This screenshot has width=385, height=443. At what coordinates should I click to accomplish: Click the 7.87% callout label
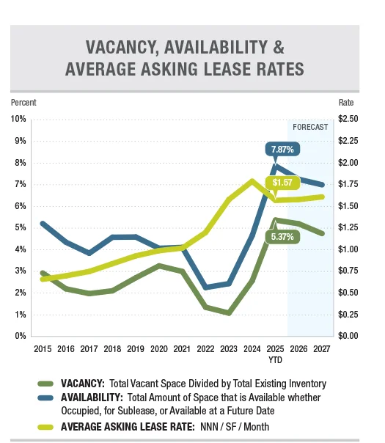(282, 149)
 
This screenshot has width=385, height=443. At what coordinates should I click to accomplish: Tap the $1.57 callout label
(282, 183)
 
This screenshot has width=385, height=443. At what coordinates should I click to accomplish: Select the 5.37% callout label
(282, 237)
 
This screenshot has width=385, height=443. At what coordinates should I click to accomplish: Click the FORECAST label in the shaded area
(310, 127)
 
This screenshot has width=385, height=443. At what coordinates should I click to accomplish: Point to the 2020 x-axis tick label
(158, 349)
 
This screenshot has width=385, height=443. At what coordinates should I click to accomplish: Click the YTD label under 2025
(275, 360)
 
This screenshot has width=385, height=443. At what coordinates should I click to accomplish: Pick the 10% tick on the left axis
(18, 119)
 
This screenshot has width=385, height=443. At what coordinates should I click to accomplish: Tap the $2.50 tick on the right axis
(348, 119)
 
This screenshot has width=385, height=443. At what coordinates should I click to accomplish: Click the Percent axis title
(23, 102)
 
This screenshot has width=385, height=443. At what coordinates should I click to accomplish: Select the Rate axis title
(346, 103)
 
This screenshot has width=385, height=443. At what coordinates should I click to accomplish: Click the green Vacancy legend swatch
(45, 384)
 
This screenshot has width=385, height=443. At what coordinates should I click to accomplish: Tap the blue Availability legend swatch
(45, 398)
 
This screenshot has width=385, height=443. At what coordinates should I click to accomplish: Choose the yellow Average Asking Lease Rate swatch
(45, 427)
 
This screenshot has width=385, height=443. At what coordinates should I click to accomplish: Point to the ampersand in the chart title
(279, 47)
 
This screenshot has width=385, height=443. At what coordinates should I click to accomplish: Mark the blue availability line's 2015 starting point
(43, 224)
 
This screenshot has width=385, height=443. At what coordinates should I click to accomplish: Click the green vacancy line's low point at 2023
(229, 312)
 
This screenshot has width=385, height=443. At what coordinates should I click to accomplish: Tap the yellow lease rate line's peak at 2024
(252, 180)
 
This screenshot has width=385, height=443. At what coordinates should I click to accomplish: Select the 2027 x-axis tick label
(322, 349)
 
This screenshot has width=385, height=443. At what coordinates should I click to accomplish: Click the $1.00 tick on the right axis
(348, 249)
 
